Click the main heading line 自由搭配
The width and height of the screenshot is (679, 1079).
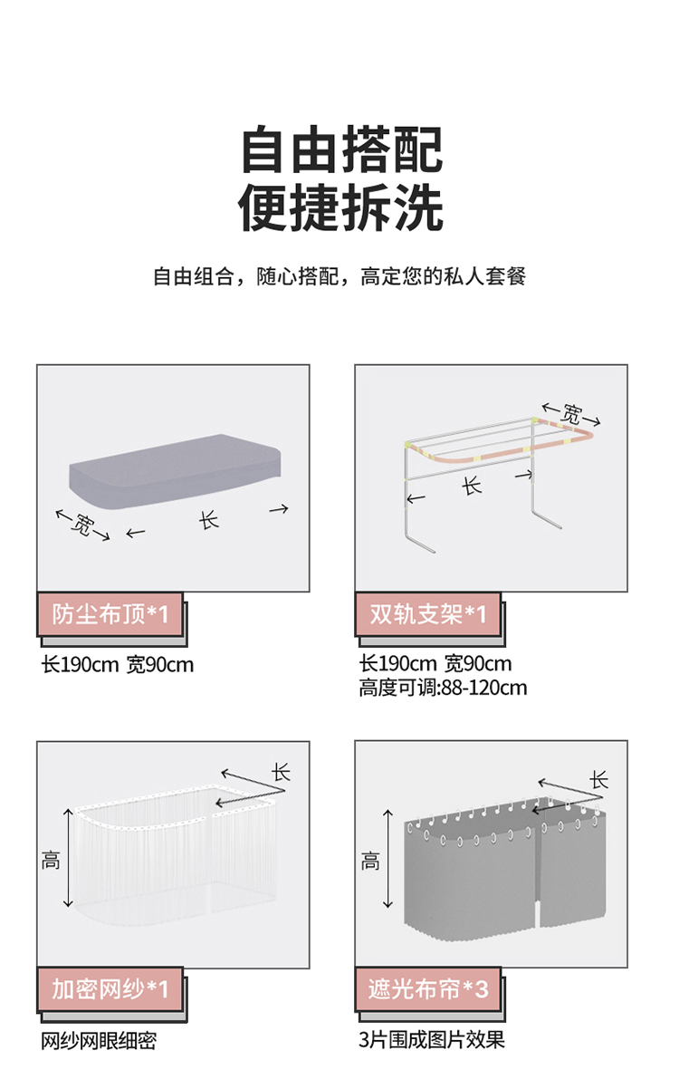point(342,149)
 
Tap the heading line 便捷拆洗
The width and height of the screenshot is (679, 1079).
point(340,207)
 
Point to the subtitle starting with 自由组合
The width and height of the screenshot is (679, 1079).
point(339,276)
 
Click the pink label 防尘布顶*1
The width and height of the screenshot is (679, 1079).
point(110,614)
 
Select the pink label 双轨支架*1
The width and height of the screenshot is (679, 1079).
point(428,614)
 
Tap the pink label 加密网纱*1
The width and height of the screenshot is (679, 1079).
point(110,988)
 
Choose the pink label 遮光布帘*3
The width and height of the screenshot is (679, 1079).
point(428,988)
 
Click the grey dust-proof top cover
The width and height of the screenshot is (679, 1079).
point(175,471)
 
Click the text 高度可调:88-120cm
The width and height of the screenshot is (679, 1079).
point(443,688)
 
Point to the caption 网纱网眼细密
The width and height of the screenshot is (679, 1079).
point(99,1040)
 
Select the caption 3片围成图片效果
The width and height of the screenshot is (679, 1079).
point(431,1039)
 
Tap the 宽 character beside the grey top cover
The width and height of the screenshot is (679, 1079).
point(82,525)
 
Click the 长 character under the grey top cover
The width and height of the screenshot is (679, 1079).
point(208,519)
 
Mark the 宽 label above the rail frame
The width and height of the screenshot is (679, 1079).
point(571,413)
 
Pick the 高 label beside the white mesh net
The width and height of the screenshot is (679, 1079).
point(51,860)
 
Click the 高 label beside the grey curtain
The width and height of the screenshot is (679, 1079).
point(370,860)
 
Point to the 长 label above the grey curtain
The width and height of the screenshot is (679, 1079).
point(599,780)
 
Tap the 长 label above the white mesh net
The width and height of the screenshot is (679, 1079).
point(281,772)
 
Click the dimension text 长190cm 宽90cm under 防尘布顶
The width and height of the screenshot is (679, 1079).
point(118,665)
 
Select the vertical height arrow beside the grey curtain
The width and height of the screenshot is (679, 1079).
point(388,859)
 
